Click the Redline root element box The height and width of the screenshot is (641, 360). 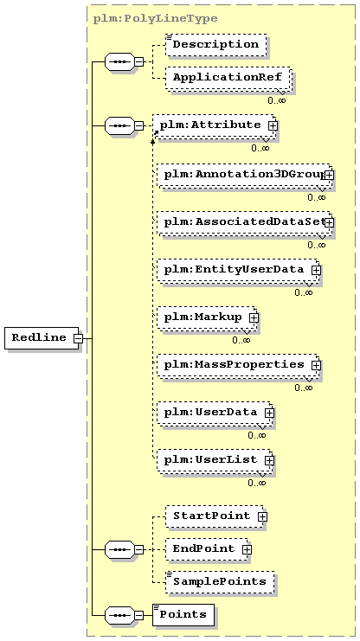tap(42, 338)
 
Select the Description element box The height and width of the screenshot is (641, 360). tap(216, 45)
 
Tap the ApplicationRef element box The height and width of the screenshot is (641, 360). tap(228, 78)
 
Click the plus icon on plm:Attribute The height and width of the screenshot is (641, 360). tap(273, 126)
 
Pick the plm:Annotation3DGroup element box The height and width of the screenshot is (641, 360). tap(243, 175)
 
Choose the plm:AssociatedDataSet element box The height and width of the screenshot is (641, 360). tap(243, 223)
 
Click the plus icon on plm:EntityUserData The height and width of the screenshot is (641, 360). tap(316, 270)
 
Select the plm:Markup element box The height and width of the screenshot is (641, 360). tap(207, 317)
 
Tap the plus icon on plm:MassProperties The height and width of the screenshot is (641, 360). tap(316, 365)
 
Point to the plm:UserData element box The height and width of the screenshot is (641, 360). tap(215, 413)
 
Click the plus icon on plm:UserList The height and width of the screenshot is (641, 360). tap(269, 460)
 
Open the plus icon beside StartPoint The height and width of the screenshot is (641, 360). tap(262, 516)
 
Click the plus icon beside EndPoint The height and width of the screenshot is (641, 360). tap(247, 550)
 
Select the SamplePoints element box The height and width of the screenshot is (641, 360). tap(220, 582)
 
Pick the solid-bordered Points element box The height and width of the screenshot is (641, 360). tap(183, 615)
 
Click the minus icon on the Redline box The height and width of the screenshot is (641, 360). tap(78, 338)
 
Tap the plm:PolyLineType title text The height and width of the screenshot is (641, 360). tap(156, 19)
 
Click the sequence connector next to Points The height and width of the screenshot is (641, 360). tap(119, 615)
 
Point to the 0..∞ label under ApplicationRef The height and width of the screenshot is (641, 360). tap(277, 100)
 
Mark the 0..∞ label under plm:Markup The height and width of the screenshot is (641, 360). tap(241, 340)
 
